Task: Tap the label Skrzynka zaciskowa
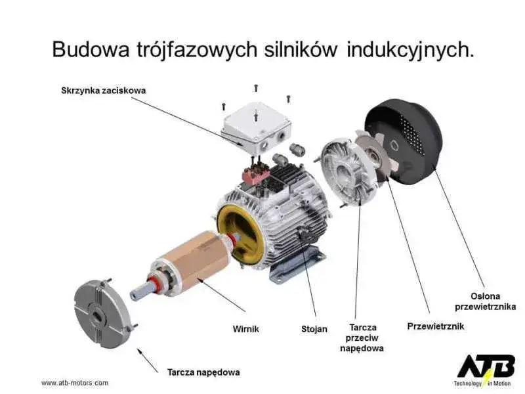pos(99,90)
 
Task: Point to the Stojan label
pos(314,328)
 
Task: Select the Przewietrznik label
pos(436,326)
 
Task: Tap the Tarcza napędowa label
pos(203,372)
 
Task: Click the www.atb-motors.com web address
pos(75,383)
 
